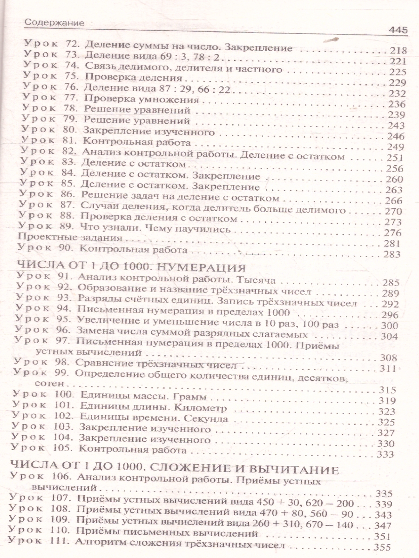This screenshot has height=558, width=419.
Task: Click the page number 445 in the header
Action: point(397,31)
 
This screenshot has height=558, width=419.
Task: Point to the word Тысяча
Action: point(256,281)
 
